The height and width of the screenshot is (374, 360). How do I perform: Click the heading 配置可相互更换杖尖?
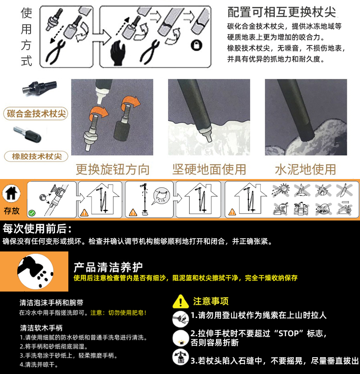coord(282,12)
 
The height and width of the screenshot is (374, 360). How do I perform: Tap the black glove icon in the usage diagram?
coord(118,53)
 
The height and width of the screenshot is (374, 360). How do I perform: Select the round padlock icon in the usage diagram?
coord(196,45)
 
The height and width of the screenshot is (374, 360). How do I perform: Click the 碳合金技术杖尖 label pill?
coord(36,113)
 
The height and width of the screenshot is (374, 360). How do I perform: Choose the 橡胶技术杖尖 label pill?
coord(36,156)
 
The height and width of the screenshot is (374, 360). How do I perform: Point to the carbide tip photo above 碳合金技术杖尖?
coord(40,87)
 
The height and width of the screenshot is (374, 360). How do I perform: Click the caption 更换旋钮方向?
coord(113,169)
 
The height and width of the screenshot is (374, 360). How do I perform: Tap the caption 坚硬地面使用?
coord(209,169)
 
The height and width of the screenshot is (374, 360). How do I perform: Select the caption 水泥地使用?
coord(306,169)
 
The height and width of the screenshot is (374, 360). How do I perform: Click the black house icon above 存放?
coord(11,193)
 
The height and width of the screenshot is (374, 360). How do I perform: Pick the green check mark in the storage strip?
coord(32,213)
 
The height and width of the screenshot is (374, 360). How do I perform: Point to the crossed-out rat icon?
coord(323,209)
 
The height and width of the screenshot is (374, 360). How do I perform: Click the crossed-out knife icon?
coord(344,190)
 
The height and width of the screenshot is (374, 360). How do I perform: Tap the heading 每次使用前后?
coord(37,229)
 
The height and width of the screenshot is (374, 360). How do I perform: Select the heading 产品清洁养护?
coord(108,267)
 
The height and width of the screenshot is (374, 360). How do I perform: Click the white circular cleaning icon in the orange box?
coord(36,272)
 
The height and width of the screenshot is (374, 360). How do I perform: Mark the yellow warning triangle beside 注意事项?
coord(180,302)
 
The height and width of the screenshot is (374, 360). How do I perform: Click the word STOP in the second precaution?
coord(288,333)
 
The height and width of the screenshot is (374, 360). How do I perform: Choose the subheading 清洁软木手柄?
coord(41,328)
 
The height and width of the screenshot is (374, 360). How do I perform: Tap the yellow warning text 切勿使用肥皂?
coord(128,313)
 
